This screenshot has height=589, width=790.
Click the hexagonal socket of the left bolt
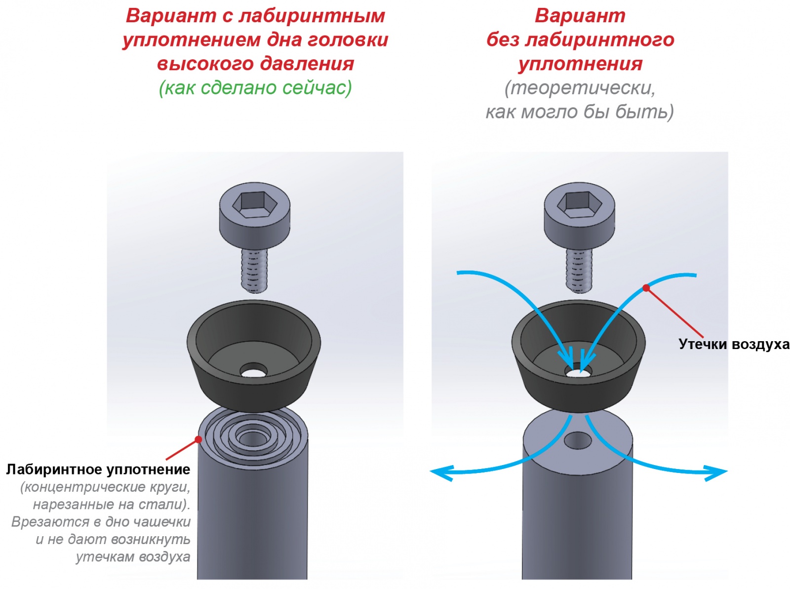click(x=254, y=205)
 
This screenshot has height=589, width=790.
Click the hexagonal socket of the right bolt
click(x=579, y=205)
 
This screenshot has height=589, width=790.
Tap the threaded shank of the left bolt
click(x=254, y=270)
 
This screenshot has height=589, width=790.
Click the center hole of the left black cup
click(x=254, y=371)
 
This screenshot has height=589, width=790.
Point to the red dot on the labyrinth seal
click(x=198, y=439)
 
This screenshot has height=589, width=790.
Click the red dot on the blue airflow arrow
click(x=646, y=288)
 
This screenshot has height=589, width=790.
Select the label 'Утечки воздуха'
click(x=734, y=344)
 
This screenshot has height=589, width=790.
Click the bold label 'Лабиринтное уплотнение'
click(x=98, y=469)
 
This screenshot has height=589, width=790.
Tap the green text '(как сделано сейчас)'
click(x=255, y=88)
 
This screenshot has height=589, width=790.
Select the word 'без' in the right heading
click(x=503, y=39)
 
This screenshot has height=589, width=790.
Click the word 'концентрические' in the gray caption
click(x=86, y=487)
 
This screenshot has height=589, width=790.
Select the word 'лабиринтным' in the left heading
click(x=312, y=17)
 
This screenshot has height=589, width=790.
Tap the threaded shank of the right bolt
click(x=579, y=270)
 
